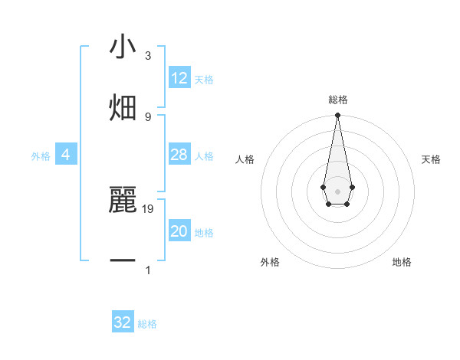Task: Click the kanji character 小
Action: click(123, 47)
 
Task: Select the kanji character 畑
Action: click(123, 108)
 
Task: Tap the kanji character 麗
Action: click(123, 201)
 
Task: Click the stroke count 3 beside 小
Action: click(148, 56)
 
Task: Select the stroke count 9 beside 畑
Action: click(148, 116)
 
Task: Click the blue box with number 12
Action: click(179, 78)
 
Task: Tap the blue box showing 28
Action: click(179, 155)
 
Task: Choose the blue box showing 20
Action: click(179, 231)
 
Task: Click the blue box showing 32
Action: click(123, 322)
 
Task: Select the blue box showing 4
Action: click(66, 155)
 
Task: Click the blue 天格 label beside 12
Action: click(204, 79)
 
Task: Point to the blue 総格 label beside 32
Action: click(147, 323)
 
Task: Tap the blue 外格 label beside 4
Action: click(41, 155)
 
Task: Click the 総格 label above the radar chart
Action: click(337, 100)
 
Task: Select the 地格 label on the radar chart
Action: click(402, 262)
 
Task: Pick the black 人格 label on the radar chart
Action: click(245, 159)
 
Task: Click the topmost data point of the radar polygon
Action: click(337, 116)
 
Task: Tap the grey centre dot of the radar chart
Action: click(337, 191)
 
